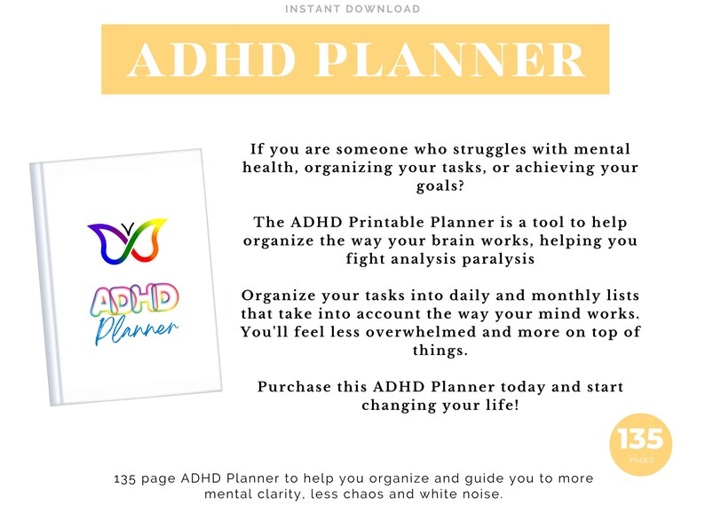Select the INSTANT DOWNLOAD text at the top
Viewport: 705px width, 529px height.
point(352,9)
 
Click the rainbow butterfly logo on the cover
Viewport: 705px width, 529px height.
point(128,242)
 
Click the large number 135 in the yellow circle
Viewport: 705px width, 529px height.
point(640,438)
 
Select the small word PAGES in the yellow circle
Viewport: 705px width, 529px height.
point(640,461)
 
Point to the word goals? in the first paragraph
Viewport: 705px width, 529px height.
point(440,186)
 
